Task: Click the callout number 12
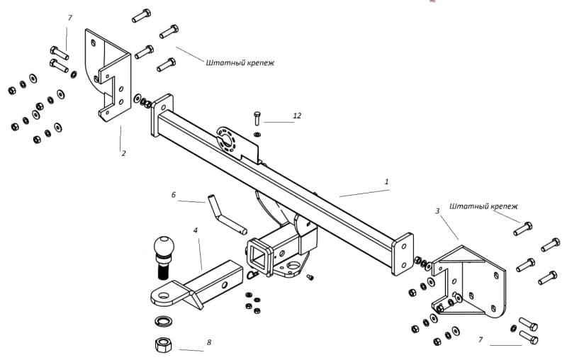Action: [297, 116]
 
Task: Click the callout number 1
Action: [386, 181]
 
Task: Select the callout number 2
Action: [123, 153]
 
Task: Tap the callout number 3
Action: [437, 210]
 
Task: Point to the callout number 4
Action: [196, 230]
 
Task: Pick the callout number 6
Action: [174, 195]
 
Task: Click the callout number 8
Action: [209, 342]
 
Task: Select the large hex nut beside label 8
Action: [164, 344]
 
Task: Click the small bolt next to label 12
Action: [257, 118]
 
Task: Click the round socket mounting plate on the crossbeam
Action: [227, 140]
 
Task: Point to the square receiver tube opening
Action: [259, 257]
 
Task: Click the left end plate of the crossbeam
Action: [162, 115]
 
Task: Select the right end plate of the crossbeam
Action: [402, 254]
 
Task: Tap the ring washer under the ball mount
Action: [164, 321]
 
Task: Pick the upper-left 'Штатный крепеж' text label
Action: [240, 63]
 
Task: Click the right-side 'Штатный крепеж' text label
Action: [483, 206]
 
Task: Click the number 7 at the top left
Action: [69, 18]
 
